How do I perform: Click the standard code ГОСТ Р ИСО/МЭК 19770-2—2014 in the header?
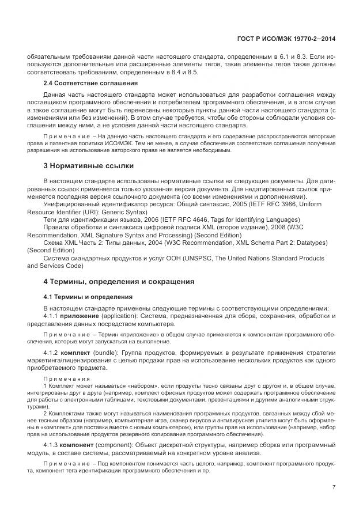click(286, 39)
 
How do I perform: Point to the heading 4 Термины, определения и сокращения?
click(119, 281)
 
